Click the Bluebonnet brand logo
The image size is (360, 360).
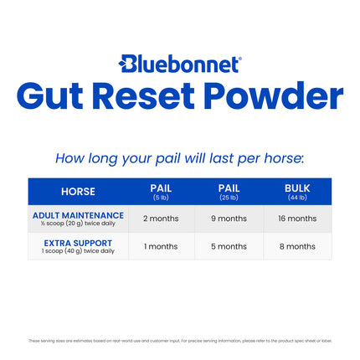[x=179, y=64]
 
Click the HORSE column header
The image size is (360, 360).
[x=78, y=192]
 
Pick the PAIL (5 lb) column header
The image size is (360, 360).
[x=161, y=192]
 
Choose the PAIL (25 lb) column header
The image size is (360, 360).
[x=229, y=192]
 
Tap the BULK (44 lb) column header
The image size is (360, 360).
[x=297, y=192]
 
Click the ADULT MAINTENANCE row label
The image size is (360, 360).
[x=78, y=215]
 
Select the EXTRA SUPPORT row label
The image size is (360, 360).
[x=78, y=243]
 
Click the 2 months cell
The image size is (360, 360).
[x=161, y=219]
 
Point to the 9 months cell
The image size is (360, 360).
[x=229, y=219]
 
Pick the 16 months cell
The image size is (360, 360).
[x=297, y=219]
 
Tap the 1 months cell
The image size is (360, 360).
[x=161, y=246]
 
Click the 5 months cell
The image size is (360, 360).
[x=229, y=246]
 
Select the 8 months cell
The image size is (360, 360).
[x=297, y=246]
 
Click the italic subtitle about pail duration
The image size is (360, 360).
[x=179, y=157]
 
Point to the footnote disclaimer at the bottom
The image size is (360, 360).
[x=179, y=341]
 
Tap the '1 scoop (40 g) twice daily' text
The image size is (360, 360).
[x=78, y=251]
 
